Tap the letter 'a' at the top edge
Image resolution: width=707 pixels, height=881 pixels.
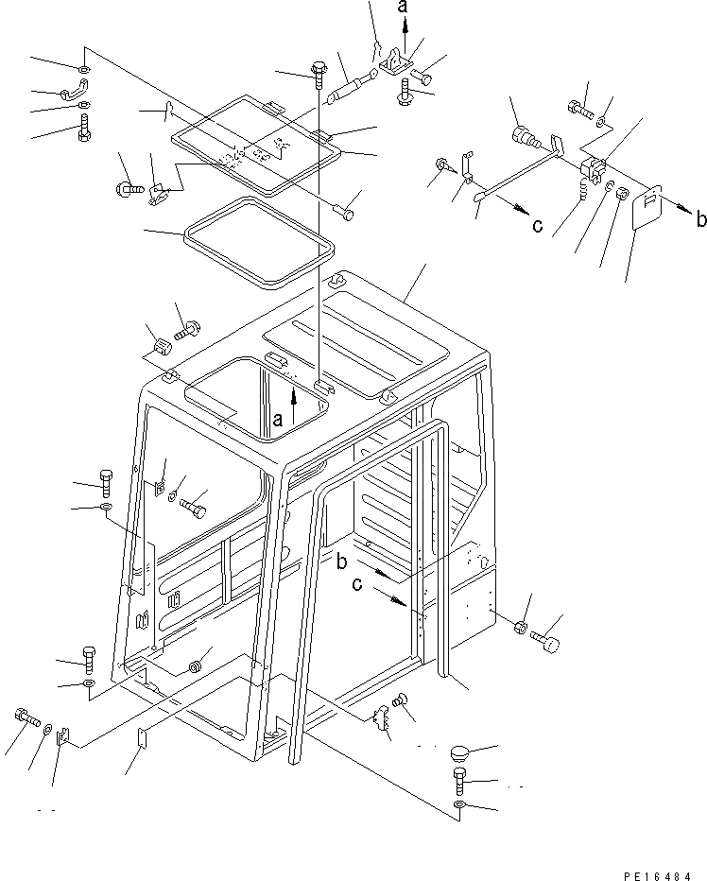click(404, 9)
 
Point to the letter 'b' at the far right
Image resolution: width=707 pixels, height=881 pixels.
click(699, 219)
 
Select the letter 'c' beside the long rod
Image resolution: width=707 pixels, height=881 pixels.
click(537, 225)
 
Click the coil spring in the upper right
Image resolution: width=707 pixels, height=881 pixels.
click(586, 194)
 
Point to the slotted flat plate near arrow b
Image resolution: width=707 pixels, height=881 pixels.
click(646, 210)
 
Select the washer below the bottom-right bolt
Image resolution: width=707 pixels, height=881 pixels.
click(458, 805)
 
